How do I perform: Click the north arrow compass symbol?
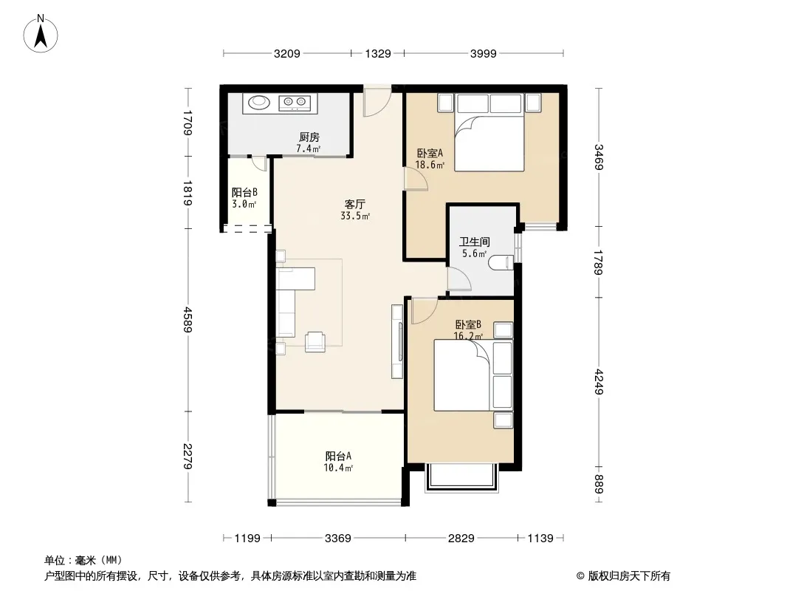click(41, 34)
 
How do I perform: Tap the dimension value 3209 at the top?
click(286, 53)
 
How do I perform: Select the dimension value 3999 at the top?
click(483, 53)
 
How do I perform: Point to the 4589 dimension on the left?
click(188, 319)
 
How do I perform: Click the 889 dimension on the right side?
click(598, 484)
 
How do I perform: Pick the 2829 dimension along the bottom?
click(461, 539)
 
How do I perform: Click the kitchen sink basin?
click(259, 103)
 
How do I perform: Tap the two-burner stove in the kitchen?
click(295, 103)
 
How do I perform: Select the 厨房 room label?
click(309, 137)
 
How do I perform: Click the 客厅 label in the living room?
click(354, 205)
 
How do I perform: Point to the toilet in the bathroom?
click(501, 262)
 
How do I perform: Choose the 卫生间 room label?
click(474, 242)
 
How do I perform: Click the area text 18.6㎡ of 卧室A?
click(430, 164)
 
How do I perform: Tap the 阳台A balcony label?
click(338, 456)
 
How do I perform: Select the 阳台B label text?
click(244, 192)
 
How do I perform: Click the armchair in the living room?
click(315, 341)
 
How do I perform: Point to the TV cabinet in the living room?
click(397, 341)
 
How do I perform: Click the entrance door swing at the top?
click(377, 100)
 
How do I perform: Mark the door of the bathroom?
click(458, 279)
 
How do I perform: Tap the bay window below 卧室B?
click(461, 477)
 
